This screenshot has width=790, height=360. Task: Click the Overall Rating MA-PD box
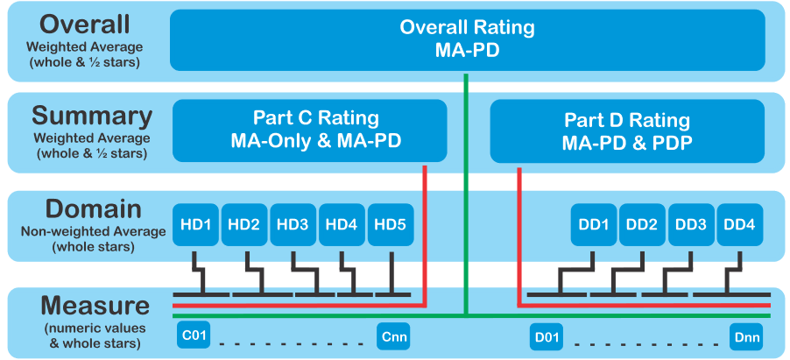[467, 39]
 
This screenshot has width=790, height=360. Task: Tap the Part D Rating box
[626, 131]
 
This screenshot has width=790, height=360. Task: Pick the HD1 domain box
[195, 224]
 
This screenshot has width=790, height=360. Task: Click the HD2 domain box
[244, 224]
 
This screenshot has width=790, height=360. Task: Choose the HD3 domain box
[293, 224]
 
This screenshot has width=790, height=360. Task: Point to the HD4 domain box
[342, 224]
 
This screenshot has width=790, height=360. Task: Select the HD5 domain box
[390, 224]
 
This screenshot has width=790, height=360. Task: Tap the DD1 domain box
[594, 224]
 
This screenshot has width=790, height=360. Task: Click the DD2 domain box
[642, 224]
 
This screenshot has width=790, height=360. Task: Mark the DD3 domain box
[691, 224]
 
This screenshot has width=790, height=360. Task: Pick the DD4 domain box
[739, 224]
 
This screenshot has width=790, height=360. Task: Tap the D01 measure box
[546, 335]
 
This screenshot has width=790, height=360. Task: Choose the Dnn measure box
[747, 335]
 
